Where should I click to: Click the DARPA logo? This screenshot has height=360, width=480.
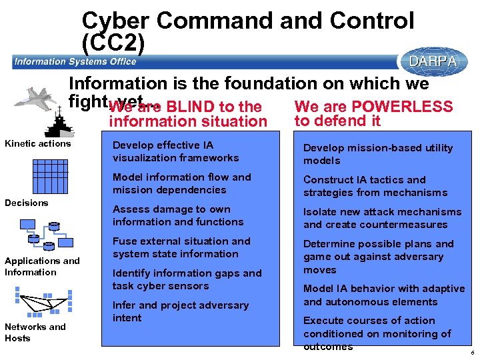click(433, 61)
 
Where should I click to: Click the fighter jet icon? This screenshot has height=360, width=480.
click(41, 97)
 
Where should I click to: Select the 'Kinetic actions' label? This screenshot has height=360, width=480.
click(38, 144)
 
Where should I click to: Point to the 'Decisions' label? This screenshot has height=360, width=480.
click(27, 203)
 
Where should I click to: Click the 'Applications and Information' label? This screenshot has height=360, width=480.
click(42, 267)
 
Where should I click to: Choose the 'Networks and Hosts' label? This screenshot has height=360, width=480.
click(35, 332)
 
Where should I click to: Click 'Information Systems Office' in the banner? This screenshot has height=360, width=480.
click(75, 62)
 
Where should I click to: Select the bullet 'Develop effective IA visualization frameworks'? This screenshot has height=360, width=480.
click(175, 151)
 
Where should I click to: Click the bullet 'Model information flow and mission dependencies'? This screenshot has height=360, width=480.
click(181, 183)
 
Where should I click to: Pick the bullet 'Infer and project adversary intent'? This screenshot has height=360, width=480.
click(180, 311)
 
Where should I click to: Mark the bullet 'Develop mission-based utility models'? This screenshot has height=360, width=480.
click(378, 154)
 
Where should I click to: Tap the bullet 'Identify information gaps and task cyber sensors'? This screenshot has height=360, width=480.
click(187, 279)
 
